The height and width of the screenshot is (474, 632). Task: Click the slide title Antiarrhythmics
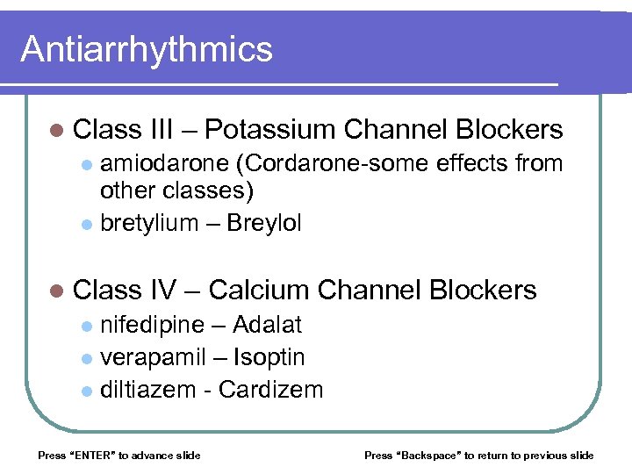[x=147, y=49]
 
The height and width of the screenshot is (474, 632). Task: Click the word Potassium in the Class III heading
[x=271, y=130]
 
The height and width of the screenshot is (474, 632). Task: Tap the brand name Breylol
[x=263, y=223]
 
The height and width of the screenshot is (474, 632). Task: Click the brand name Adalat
[x=267, y=325]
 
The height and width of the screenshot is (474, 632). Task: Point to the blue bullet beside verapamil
[x=86, y=358]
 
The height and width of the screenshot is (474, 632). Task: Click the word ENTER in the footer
[x=91, y=455]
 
